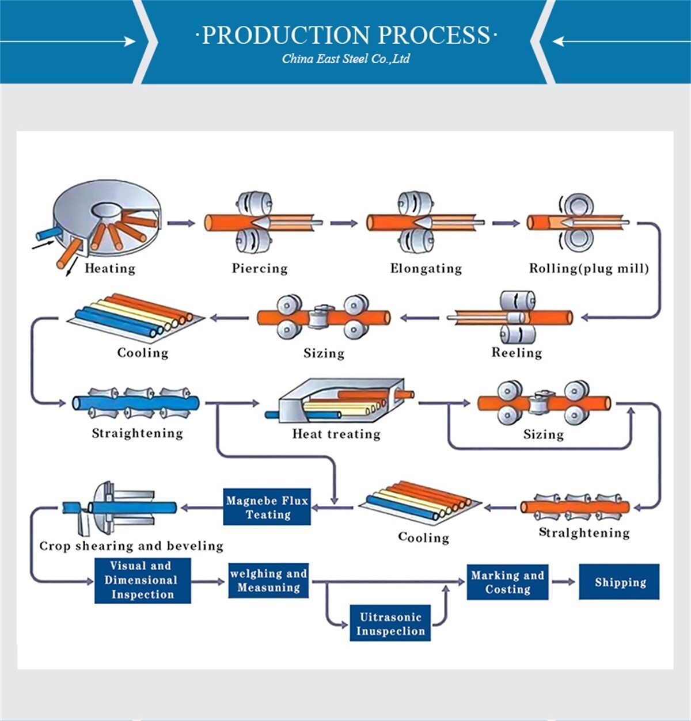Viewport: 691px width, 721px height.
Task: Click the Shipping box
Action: (619, 582)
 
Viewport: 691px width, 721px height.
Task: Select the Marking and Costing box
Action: (507, 582)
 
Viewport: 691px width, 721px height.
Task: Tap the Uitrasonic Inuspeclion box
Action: (390, 623)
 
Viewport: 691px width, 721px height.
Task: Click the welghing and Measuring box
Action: (268, 581)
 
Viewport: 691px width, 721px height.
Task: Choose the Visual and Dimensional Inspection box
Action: (142, 580)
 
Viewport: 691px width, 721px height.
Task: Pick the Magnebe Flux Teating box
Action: (267, 507)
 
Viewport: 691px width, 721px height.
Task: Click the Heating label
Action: (109, 268)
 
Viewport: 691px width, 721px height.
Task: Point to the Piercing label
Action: (259, 268)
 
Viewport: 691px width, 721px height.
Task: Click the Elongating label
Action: (426, 268)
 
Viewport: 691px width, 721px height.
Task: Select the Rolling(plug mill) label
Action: (589, 268)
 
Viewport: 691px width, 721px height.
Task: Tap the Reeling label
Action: (516, 353)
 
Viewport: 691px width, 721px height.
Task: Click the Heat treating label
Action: (336, 434)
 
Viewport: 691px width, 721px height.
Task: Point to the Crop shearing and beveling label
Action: (131, 545)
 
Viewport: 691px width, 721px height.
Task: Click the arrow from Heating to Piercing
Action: (181, 223)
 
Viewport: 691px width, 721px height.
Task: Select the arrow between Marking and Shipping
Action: (563, 582)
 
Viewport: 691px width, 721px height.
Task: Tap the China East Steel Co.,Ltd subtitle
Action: (345, 59)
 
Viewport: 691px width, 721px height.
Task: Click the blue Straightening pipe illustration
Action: (136, 402)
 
